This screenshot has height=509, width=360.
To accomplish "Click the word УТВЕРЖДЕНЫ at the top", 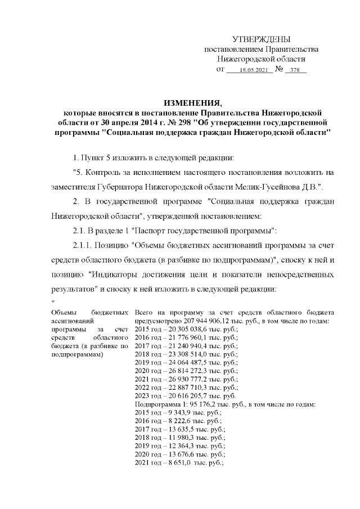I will pyautogui.click(x=262, y=39).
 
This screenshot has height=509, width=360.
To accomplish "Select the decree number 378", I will pyautogui.click(x=295, y=71).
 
